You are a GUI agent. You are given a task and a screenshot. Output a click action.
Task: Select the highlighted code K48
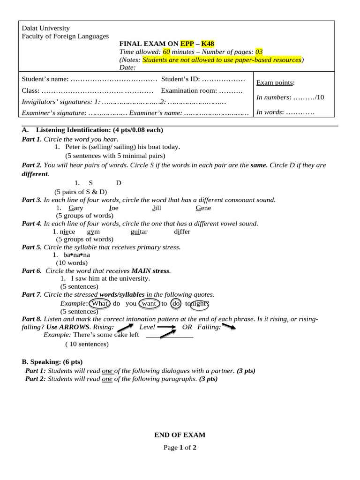(208, 44)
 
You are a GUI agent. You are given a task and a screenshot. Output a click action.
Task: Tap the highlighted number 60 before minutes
(166, 52)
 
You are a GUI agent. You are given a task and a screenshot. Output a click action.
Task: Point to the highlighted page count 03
(259, 52)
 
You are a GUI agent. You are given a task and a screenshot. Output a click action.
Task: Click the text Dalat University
(45, 28)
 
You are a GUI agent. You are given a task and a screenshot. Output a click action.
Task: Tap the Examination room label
(189, 90)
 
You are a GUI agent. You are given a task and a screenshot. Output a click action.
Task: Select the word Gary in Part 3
(76, 208)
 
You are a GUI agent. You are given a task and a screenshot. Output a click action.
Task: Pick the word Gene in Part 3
(203, 208)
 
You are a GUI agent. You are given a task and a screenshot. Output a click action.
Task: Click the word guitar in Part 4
(139, 232)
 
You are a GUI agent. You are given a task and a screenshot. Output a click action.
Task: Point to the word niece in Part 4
(67, 232)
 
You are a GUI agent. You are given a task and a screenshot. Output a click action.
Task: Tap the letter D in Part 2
(119, 183)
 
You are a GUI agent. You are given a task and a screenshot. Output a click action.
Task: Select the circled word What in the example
(99, 303)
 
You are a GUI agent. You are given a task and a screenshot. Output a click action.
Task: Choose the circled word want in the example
(149, 303)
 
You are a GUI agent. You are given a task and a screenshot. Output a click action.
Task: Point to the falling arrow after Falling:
(229, 326)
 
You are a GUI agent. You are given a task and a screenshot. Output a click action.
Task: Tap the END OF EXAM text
(180, 435)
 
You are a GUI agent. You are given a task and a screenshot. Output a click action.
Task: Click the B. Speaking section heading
(52, 362)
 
